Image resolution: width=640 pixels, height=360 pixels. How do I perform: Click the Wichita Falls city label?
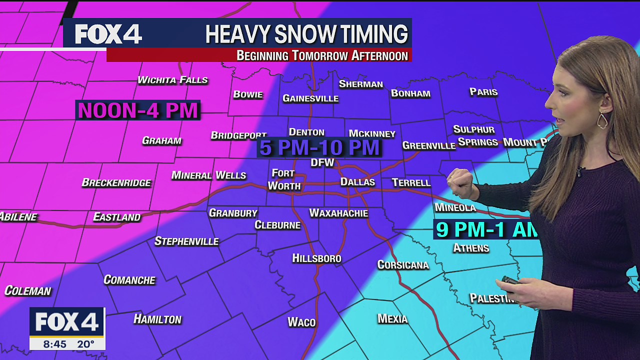(172, 80)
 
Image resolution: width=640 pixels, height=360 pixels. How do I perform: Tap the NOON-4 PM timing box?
(138, 110)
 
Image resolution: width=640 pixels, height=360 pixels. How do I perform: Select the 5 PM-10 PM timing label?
(319, 148)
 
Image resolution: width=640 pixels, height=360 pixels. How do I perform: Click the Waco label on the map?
(301, 322)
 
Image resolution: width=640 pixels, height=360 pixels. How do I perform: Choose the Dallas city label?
(357, 182)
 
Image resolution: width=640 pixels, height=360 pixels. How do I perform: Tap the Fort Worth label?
(284, 179)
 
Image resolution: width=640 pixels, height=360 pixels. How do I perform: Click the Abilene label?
(18, 217)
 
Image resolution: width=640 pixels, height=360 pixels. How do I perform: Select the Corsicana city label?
(403, 265)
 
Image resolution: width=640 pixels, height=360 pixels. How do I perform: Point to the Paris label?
(483, 92)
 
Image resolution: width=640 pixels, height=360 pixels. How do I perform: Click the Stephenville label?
(186, 241)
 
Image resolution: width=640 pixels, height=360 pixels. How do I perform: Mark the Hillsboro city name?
(316, 258)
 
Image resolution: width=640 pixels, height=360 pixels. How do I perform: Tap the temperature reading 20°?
(85, 344)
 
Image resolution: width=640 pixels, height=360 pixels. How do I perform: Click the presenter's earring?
(602, 120)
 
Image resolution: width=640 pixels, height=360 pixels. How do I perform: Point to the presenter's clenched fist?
(460, 183)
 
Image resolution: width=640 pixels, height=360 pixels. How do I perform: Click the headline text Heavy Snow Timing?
(306, 34)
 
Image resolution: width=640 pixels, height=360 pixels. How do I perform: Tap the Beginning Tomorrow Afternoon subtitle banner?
(322, 55)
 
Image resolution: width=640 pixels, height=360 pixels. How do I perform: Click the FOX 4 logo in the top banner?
(108, 34)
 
